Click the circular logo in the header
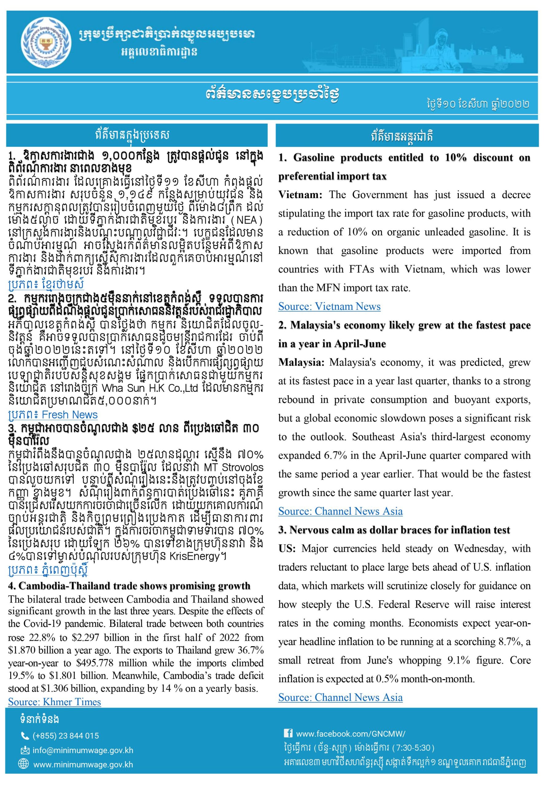pos(46,43)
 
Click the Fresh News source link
pos(53,414)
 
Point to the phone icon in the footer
pos(25,736)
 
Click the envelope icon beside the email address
pos(25,750)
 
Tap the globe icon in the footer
pos(24,764)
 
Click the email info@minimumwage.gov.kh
pos(83,750)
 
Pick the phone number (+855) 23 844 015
pos(66,736)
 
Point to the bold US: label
pos(287,548)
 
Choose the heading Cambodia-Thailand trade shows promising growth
pos(129,586)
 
